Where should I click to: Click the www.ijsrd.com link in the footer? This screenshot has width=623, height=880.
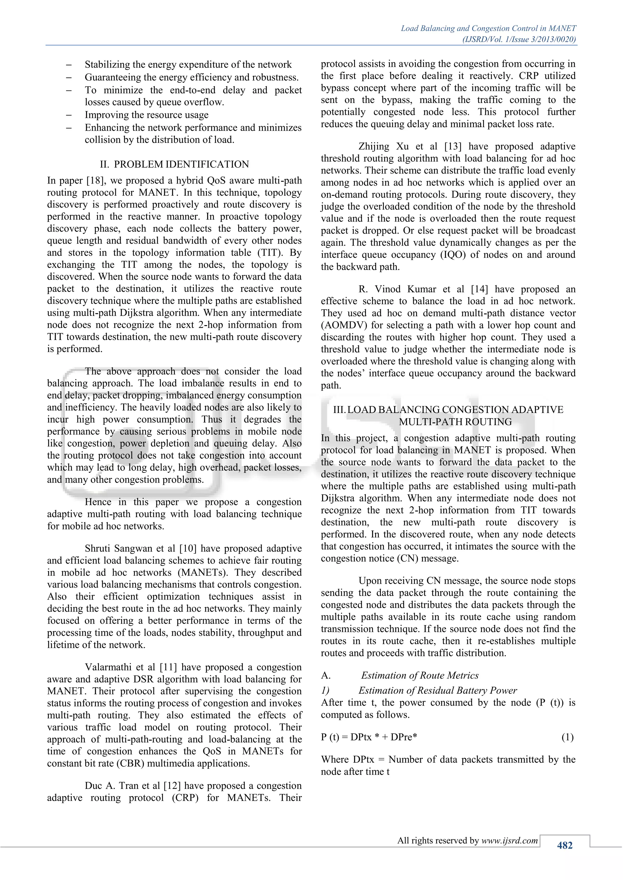tap(510, 840)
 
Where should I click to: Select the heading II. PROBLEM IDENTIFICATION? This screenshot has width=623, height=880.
tap(174, 164)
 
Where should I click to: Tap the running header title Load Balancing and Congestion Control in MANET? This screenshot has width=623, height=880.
tap(488, 28)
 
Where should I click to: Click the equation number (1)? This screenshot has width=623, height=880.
tap(567, 737)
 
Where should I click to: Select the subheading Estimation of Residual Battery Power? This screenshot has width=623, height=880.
tap(437, 690)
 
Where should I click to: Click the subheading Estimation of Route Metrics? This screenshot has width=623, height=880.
tap(420, 675)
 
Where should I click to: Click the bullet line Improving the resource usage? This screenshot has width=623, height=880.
tap(147, 115)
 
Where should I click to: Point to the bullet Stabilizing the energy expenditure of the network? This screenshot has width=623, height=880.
tap(188, 64)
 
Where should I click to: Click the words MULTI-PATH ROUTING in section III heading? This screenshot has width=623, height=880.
tap(455, 421)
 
